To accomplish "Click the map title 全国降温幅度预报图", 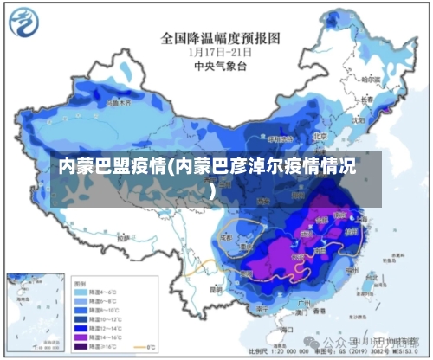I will (222, 38).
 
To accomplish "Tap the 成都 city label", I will (227, 235).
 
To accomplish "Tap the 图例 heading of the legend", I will (80, 282).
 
